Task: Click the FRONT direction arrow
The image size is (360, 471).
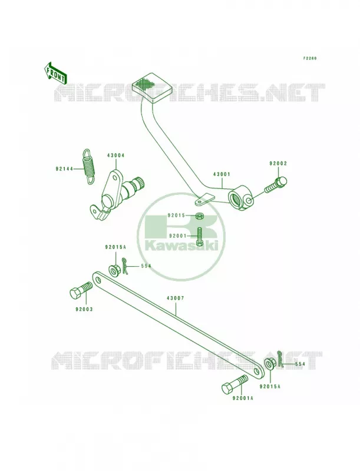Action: (x=55, y=73)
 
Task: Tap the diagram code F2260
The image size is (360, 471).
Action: (x=309, y=58)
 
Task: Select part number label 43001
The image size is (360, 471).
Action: (x=222, y=174)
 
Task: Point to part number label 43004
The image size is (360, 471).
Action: (x=115, y=155)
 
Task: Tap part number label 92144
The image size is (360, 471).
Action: (x=64, y=169)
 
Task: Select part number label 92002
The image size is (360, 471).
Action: (x=278, y=164)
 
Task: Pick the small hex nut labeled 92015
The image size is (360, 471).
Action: (x=199, y=215)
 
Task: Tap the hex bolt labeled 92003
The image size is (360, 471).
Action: (x=81, y=290)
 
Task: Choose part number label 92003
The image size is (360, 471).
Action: (x=84, y=309)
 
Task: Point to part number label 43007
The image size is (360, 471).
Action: (x=176, y=298)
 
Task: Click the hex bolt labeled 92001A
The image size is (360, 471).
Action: (x=235, y=385)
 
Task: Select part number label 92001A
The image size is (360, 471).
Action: (x=243, y=399)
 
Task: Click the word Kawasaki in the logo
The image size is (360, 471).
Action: (x=181, y=246)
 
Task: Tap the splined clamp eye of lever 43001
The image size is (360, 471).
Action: (x=242, y=198)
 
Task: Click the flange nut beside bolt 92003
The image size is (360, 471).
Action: (x=114, y=270)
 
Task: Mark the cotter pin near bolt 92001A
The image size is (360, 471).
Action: (x=280, y=359)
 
